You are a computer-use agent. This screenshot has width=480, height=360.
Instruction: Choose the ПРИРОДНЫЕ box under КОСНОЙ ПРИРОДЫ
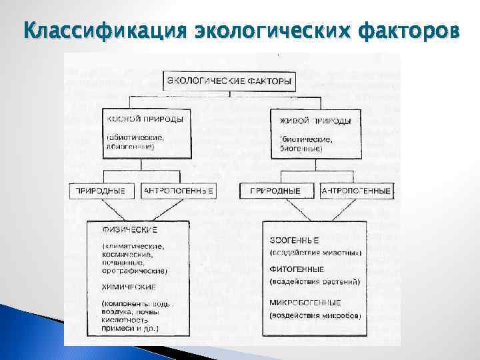tap(101, 191)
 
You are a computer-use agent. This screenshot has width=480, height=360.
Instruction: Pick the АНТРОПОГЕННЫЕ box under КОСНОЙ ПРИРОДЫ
tap(179, 191)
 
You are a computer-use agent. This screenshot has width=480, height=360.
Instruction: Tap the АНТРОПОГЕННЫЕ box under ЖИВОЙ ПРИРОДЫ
tap(357, 191)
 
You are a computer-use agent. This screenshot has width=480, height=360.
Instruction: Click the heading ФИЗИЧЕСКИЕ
tap(130, 230)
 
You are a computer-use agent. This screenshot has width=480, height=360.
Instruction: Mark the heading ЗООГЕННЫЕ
tap(294, 240)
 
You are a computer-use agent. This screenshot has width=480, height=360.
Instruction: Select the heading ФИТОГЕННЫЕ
tap(297, 269)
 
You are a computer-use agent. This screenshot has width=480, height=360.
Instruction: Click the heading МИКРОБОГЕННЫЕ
tap(306, 302)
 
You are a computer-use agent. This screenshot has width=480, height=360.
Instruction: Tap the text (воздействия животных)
tap(315, 253)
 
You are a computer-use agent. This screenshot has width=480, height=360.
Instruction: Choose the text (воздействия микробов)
tap(315, 315)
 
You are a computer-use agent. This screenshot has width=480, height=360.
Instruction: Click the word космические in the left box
tap(128, 254)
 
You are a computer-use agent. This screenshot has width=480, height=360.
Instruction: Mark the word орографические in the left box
tap(137, 271)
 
